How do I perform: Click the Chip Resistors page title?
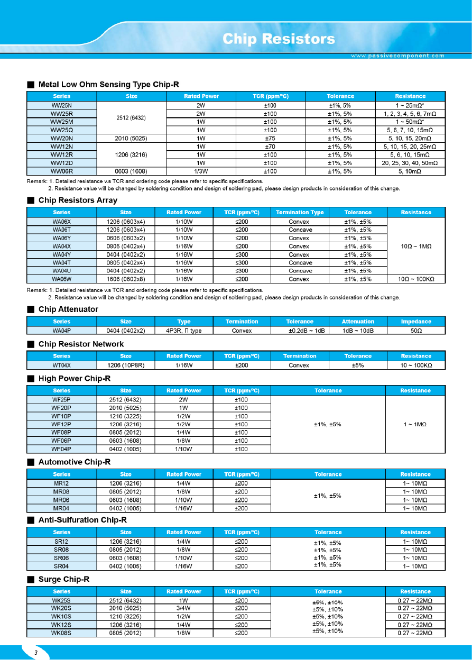[x=279, y=39]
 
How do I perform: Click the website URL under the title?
[x=397, y=56]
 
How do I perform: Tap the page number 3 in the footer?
[x=36, y=653]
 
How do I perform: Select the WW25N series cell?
[x=61, y=105]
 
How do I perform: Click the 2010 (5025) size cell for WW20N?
[x=131, y=138]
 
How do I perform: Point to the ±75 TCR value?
[x=270, y=138]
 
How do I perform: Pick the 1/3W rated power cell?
[x=201, y=171]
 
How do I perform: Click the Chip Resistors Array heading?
[x=78, y=200]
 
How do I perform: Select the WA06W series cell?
[x=61, y=279]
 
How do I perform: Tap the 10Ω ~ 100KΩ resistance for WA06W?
[x=416, y=279]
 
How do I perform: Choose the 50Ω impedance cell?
[x=416, y=331]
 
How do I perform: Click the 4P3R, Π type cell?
[x=183, y=331]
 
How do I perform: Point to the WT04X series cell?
[x=61, y=365]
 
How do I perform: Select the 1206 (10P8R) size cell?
[x=125, y=365]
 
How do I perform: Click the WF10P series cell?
[x=61, y=416]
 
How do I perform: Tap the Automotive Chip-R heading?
[x=75, y=462]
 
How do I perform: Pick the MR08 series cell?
[x=61, y=492]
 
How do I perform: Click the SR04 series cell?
[x=61, y=566]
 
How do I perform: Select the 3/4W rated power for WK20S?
[x=183, y=608]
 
